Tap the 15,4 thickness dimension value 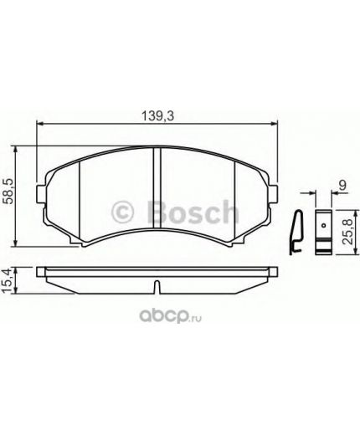coord(10,277)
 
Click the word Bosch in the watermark coord(192,212)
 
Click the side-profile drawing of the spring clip coord(294,231)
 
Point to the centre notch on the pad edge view coord(157,287)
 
